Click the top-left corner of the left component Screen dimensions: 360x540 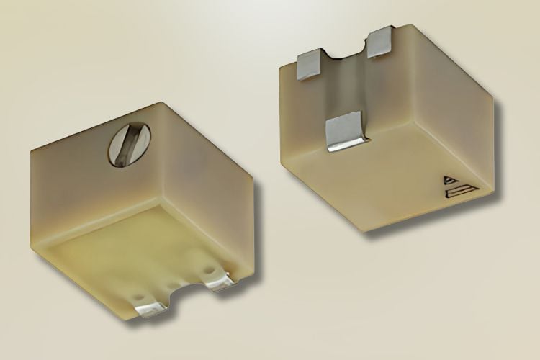pos(32,153)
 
